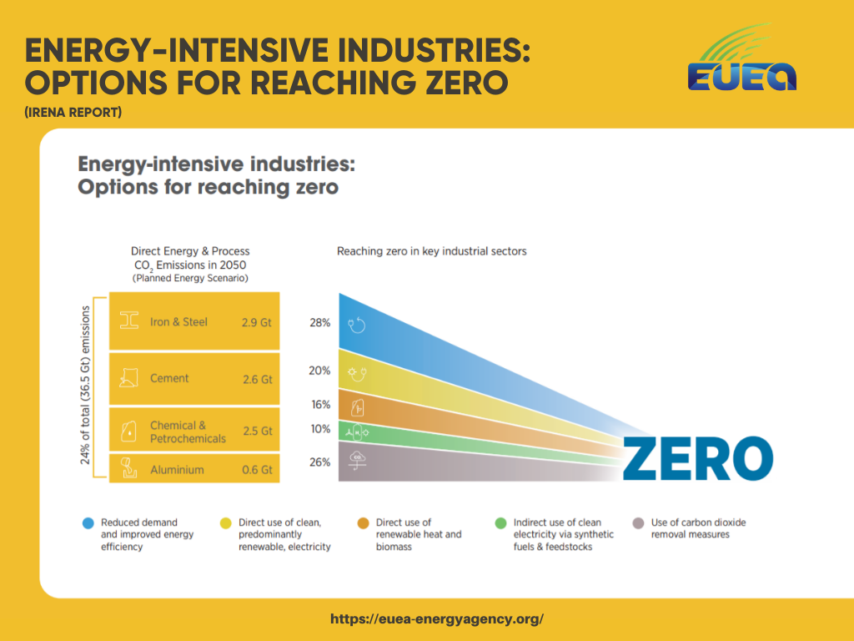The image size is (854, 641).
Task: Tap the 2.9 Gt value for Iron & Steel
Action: coord(256,322)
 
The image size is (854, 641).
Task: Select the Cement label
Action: coord(169,378)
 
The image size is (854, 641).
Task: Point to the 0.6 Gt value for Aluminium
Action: coord(256,470)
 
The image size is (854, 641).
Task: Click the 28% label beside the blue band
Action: coord(320,322)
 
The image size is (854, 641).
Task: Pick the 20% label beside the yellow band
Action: coord(320,371)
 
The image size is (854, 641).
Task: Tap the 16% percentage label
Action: coord(320,405)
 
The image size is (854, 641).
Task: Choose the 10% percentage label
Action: coord(320,429)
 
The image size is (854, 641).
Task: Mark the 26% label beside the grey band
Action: coord(320,462)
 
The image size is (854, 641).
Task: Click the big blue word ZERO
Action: coord(698,459)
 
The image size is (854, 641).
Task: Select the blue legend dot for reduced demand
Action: coord(88,523)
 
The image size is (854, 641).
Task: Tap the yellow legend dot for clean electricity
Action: coord(225,523)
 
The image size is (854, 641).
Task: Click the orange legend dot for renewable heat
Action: coord(363,523)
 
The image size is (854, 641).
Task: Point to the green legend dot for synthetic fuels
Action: coord(500,523)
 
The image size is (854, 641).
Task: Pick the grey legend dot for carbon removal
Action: coord(638,523)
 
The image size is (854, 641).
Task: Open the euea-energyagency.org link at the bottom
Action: coord(437,619)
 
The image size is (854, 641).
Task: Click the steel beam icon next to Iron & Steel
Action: coord(129,321)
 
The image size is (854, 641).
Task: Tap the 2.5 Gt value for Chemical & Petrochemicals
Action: coord(256,432)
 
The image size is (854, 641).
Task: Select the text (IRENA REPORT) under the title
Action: coord(73,112)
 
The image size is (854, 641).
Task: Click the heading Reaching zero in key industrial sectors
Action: coord(431,251)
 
